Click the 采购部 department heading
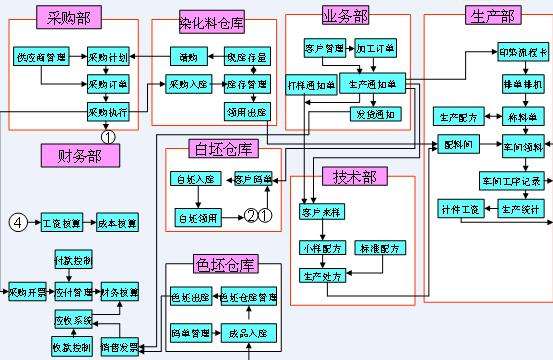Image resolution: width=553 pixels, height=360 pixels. click(68, 17)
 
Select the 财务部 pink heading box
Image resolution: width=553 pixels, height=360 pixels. click(80, 154)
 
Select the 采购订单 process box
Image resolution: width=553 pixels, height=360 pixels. click(109, 84)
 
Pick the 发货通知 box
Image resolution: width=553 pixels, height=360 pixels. click(370, 114)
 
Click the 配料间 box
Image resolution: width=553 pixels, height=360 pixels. click(454, 146)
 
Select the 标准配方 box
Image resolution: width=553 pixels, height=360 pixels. click(380, 247)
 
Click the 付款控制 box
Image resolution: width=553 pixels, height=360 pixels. click(73, 261)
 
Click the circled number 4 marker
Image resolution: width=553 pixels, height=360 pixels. click(17, 221)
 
